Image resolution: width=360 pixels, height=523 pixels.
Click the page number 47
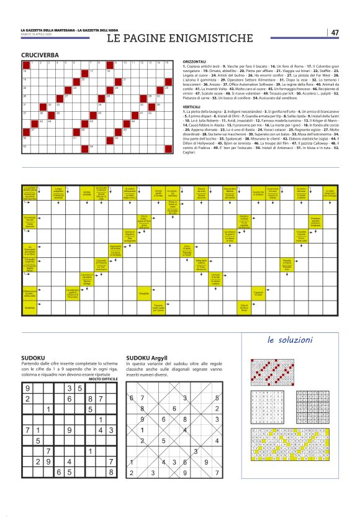[x=335, y=32]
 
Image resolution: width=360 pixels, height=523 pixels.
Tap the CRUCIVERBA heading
[x=40, y=55]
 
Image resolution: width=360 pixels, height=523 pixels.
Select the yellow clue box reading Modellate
[x=30, y=308]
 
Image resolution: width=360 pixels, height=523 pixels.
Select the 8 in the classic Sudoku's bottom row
[x=110, y=489]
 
